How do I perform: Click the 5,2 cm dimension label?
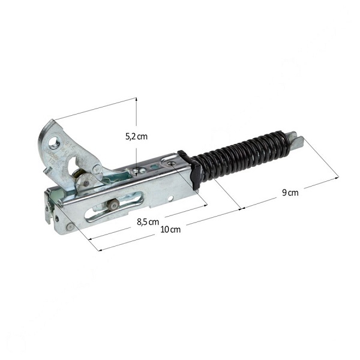tap(136, 137)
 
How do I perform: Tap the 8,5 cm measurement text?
tap(148, 222)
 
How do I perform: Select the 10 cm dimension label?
tap(170, 229)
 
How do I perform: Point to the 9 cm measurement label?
tap(290, 193)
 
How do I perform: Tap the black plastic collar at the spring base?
tap(189, 170)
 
